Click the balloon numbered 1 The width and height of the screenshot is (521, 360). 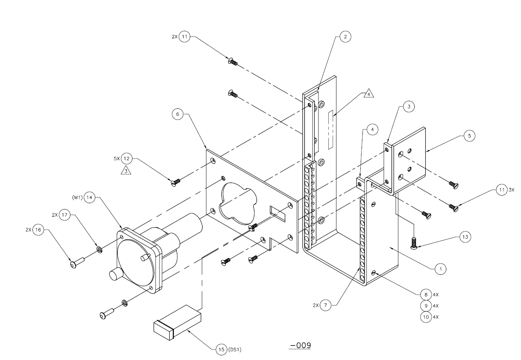440,269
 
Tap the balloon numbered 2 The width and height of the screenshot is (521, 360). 345,37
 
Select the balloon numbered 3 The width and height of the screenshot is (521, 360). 409,107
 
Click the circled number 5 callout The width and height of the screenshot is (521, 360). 469,136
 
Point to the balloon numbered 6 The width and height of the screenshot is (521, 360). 178,114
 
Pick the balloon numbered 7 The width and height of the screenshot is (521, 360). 326,305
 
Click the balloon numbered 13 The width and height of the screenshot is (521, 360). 465,237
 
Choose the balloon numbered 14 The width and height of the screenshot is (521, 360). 89,198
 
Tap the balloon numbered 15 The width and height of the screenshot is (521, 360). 221,349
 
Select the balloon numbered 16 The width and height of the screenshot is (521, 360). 38,230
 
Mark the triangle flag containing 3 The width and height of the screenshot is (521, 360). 126,170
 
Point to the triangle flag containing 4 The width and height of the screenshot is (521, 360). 369,94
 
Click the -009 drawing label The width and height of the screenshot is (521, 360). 300,345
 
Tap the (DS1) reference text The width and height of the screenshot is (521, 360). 235,349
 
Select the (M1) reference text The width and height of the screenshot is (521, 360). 77,198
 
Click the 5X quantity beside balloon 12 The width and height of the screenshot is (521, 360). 117,159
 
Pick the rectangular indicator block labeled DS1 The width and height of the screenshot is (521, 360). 177,322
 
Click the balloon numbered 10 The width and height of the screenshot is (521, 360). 426,317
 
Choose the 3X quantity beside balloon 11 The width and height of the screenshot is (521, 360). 511,190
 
